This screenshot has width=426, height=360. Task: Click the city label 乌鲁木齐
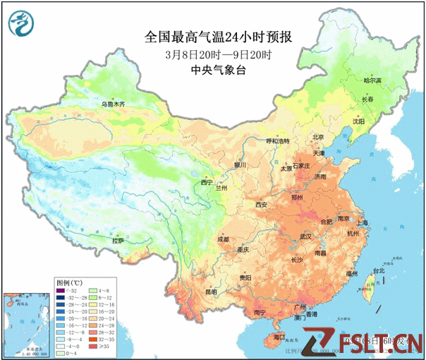(112, 104)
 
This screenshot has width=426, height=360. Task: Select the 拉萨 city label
(117, 241)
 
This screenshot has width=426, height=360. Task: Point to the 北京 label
(318, 137)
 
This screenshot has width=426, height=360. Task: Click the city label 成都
(223, 239)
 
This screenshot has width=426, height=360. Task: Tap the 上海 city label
(362, 223)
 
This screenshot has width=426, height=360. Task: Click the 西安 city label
(262, 205)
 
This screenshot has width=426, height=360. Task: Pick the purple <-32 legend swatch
(61, 289)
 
